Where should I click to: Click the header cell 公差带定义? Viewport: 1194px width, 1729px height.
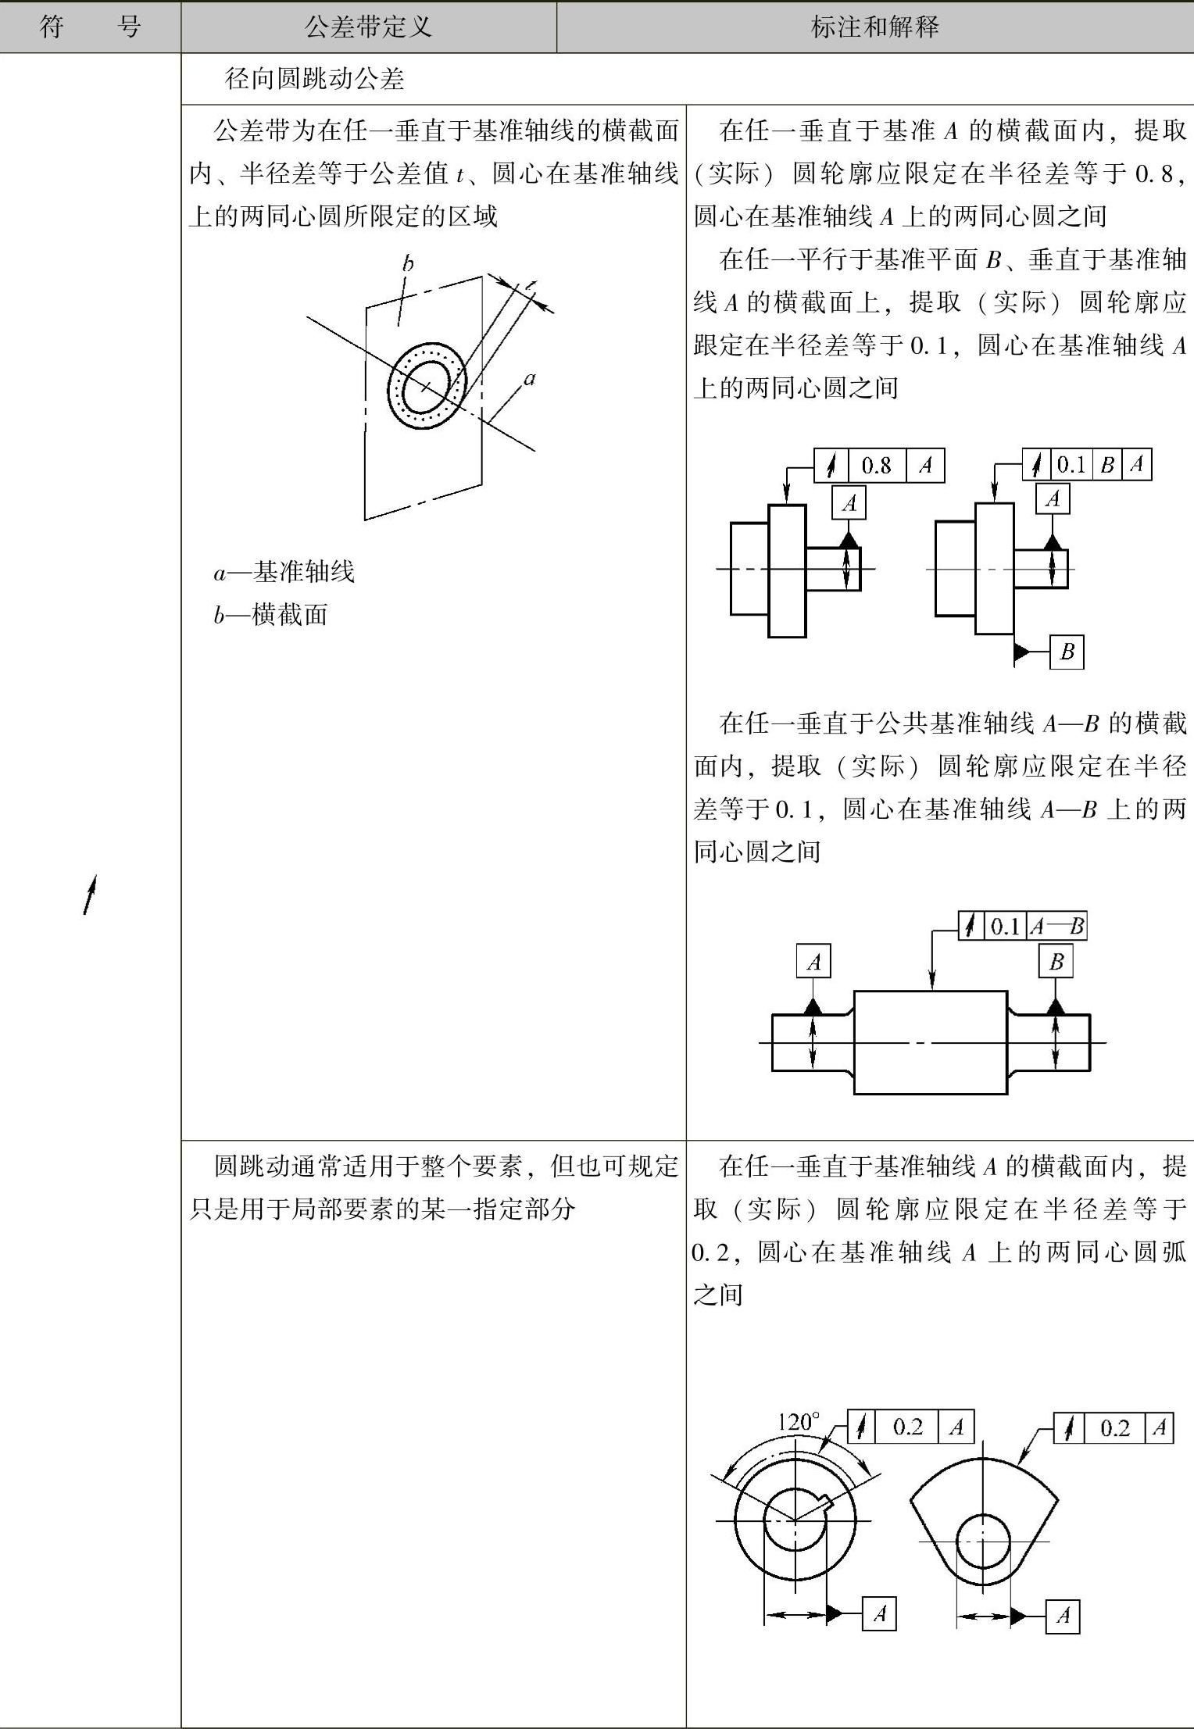tap(368, 27)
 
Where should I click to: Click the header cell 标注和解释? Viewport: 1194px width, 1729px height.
tap(874, 27)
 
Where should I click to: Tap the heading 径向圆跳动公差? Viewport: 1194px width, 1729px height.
tap(314, 79)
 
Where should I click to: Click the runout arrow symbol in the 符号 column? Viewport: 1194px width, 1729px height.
tap(91, 894)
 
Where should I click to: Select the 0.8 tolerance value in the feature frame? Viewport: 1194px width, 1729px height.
tap(876, 466)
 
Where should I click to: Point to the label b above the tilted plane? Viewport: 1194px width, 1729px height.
tap(407, 264)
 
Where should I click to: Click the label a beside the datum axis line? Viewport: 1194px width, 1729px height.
tap(530, 380)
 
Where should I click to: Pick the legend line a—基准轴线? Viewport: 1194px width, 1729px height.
tap(284, 572)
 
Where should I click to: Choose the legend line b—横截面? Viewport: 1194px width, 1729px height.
tap(271, 615)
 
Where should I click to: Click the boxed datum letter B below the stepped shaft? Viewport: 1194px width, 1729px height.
tap(1067, 651)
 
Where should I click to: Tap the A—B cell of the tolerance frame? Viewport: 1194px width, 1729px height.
tap(1056, 927)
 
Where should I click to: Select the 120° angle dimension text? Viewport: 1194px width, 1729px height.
tap(799, 1422)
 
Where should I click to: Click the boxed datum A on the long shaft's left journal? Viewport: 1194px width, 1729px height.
tap(813, 961)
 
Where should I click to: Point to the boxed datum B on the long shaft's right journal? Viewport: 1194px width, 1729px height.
tap(1056, 961)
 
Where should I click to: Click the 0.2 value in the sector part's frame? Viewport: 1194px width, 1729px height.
tap(1114, 1428)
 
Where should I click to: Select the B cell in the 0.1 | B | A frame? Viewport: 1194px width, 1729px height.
tap(1106, 466)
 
